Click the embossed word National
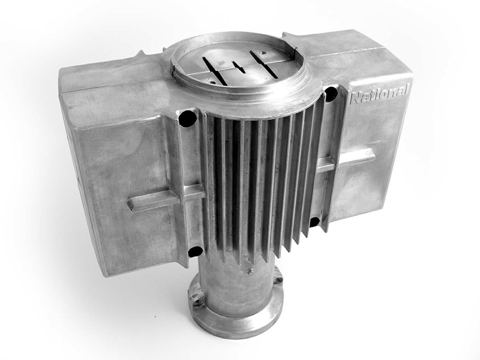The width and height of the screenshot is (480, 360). [x=379, y=95]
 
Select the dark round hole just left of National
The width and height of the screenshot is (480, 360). [x=331, y=94]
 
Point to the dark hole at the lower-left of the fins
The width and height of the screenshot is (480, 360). [x=196, y=251]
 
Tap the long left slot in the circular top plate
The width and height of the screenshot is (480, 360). [x=215, y=71]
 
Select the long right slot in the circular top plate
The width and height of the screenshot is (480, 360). [x=263, y=64]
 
